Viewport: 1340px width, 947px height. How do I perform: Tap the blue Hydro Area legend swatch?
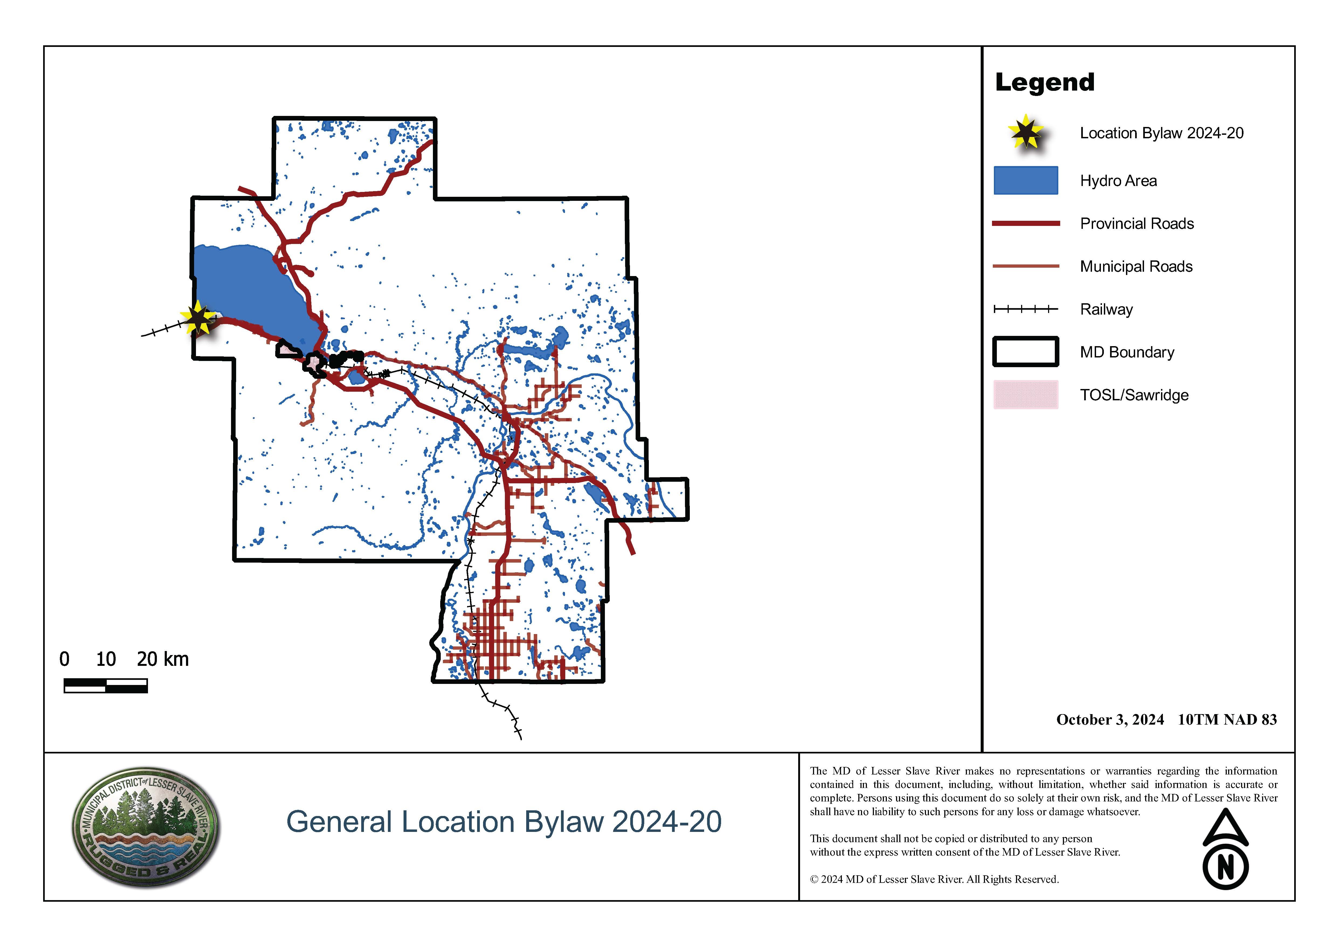[x=1025, y=180]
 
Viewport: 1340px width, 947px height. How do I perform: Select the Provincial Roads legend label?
[x=1136, y=223]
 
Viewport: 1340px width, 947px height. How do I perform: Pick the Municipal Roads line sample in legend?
[x=1025, y=266]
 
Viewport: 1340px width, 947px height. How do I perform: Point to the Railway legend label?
[x=1106, y=309]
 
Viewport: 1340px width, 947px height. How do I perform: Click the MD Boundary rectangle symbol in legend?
[x=1025, y=352]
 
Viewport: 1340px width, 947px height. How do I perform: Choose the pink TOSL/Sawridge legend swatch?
[x=1025, y=395]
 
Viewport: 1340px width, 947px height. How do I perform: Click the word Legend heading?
[x=1044, y=82]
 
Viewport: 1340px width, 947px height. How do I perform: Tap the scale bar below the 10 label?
[x=106, y=686]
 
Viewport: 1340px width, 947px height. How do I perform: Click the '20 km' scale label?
[x=163, y=659]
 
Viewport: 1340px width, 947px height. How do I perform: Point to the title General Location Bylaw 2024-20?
[x=504, y=822]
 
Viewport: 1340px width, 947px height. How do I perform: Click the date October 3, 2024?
[x=1110, y=719]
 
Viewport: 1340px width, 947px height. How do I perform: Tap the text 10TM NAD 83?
[x=1227, y=719]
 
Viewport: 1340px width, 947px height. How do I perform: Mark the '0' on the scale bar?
[x=64, y=659]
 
